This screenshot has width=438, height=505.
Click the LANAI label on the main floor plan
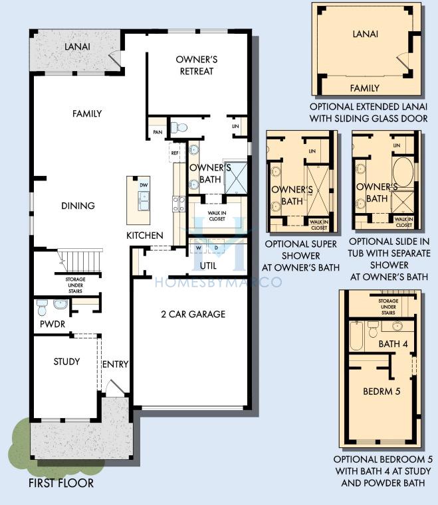point(77,46)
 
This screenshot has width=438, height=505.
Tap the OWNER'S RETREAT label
point(197,66)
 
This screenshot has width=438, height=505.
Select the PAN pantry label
point(158,132)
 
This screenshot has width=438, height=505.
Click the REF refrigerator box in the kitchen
point(175,153)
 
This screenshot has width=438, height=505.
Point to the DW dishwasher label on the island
point(144,185)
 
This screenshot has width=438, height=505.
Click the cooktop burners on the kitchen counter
point(179,204)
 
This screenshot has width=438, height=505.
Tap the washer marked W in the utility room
point(198,248)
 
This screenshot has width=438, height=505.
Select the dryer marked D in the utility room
point(217,248)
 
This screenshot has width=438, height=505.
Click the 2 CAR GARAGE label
point(193,314)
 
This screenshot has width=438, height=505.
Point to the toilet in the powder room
point(43,307)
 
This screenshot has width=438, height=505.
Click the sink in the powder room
point(60,304)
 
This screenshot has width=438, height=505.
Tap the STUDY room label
point(66,362)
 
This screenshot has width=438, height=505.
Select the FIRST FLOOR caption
point(61,483)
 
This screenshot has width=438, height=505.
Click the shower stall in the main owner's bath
point(235,178)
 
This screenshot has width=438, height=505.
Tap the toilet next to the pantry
point(179,127)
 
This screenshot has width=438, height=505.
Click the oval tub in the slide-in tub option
point(403,173)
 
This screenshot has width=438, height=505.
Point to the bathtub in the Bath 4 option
point(357,336)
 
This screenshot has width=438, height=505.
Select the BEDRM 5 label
point(382,392)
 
